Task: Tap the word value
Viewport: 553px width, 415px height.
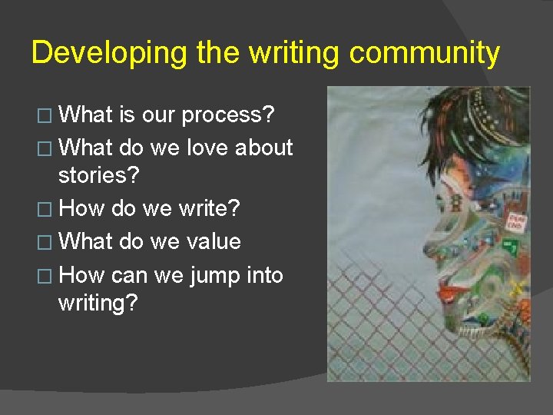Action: click(211, 241)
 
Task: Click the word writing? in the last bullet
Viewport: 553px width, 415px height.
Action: click(98, 303)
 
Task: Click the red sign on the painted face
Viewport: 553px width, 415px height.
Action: click(515, 222)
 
